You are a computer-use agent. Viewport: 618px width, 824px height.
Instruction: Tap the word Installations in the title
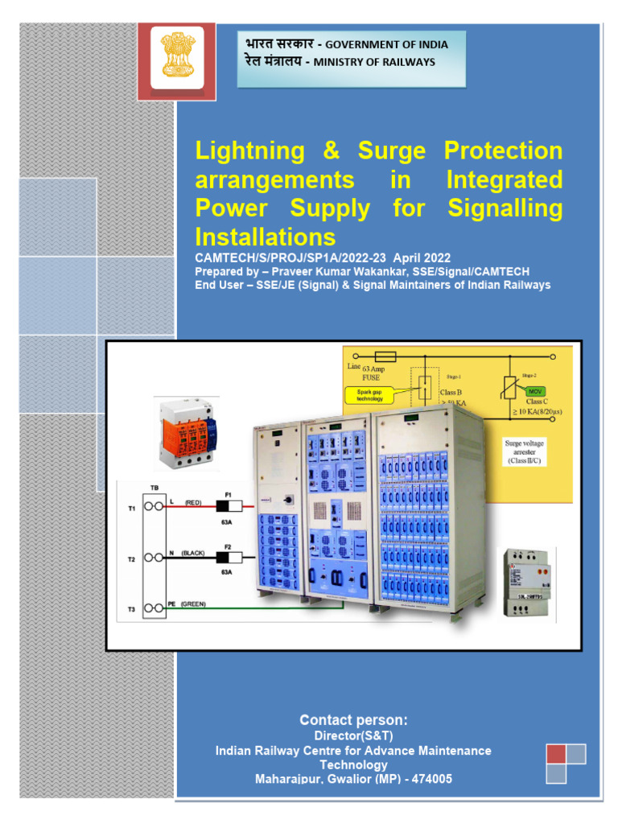pyautogui.click(x=265, y=237)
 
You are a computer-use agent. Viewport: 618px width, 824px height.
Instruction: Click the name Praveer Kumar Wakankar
pyautogui.click(x=328, y=272)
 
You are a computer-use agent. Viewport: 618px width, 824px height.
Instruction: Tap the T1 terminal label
pyautogui.click(x=131, y=509)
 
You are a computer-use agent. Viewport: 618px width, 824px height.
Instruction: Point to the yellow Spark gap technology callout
pyautogui.click(x=370, y=395)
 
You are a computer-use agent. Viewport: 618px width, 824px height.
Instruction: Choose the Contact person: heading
pyautogui.click(x=353, y=719)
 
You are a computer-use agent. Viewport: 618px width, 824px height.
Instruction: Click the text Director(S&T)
pyautogui.click(x=353, y=735)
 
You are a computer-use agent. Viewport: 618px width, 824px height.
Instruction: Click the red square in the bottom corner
pyautogui.click(x=556, y=754)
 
